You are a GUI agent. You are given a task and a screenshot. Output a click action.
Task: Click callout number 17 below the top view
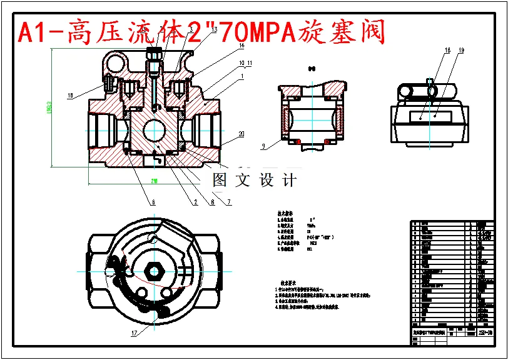coord(133,333)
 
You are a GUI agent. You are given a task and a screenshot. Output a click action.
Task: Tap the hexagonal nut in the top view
coord(153,271)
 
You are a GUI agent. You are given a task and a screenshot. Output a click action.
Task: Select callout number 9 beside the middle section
coord(264,146)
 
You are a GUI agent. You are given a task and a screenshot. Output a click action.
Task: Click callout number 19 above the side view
coord(461,49)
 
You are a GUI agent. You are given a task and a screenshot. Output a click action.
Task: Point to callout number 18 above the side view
coord(447,49)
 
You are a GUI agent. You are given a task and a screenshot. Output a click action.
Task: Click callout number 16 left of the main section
coord(70,96)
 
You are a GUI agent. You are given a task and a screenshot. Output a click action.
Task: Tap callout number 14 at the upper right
coord(241,46)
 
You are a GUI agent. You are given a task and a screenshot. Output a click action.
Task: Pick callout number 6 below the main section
coord(151,202)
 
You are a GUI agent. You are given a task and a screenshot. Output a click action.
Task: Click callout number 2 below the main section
coord(195,202)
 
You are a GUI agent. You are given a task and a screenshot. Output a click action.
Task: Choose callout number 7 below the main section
coord(229,202)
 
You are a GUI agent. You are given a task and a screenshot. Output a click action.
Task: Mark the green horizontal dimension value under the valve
coord(153,181)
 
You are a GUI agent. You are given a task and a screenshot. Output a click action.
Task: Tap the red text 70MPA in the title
coord(257,32)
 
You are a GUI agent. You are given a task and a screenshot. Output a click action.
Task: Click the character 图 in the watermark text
coord(220,181)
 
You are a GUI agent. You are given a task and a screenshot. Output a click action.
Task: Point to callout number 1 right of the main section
coord(241,76)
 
